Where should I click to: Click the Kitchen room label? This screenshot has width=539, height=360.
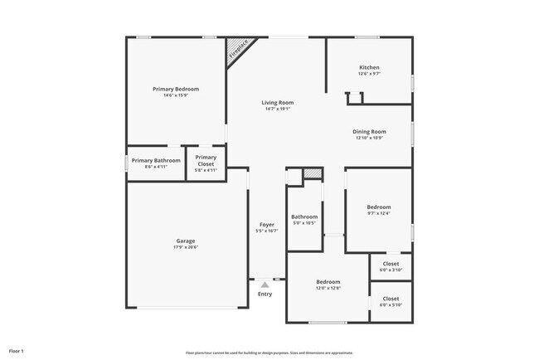369,67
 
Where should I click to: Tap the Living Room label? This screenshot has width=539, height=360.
278,103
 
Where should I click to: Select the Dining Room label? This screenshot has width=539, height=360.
370,131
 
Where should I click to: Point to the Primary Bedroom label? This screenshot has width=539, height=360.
176,89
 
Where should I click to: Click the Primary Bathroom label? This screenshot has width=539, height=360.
156,160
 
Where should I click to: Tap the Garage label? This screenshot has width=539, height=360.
185,241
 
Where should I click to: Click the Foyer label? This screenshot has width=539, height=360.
267,225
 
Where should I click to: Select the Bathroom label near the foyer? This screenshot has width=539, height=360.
304,217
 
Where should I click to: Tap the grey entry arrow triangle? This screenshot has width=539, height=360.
265,285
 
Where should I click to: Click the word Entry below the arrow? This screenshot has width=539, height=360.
265,294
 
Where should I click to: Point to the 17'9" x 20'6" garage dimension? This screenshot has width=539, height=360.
185,247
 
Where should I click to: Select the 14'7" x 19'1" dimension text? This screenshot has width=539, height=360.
279,109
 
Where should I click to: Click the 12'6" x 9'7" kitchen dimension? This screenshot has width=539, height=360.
369,74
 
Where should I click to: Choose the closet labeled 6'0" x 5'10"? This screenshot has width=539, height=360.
391,302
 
